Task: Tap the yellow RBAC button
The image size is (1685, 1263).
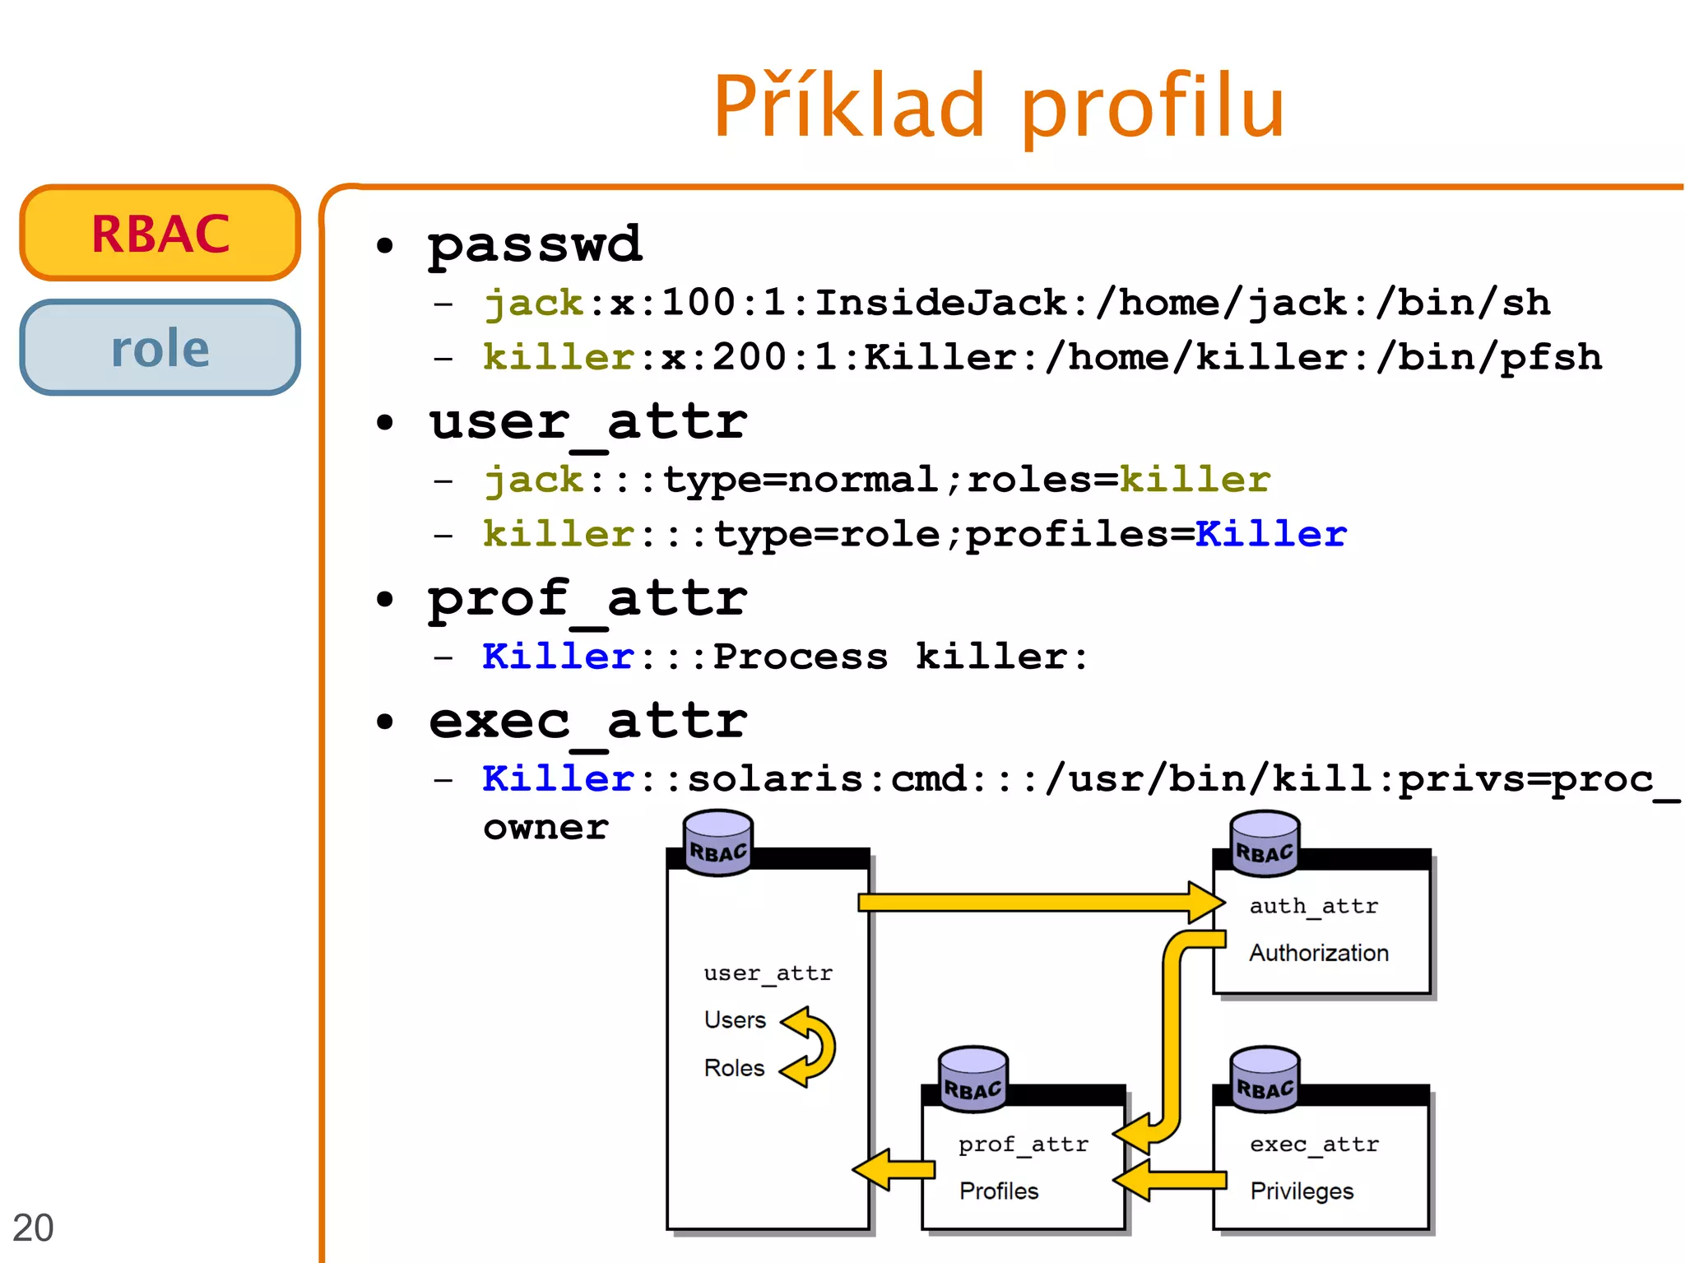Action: click(160, 234)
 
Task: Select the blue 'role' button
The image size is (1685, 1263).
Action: click(160, 348)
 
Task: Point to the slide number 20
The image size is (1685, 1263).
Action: click(33, 1228)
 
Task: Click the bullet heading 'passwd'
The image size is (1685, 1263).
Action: click(535, 244)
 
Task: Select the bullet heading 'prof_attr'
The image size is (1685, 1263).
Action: click(587, 598)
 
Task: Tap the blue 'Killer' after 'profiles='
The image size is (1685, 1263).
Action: click(1270, 534)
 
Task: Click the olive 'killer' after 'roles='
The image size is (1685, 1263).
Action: click(1195, 480)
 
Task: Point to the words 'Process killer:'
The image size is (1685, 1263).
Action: click(900, 657)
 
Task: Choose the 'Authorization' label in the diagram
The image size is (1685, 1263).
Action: click(1318, 953)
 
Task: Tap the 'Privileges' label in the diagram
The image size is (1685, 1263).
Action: click(1302, 1191)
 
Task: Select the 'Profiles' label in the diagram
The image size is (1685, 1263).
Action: click(999, 1191)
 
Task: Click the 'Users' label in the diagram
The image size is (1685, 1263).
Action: click(735, 1020)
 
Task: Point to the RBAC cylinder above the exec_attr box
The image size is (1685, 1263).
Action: click(1265, 1079)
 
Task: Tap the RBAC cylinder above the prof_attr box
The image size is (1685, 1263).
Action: click(973, 1080)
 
